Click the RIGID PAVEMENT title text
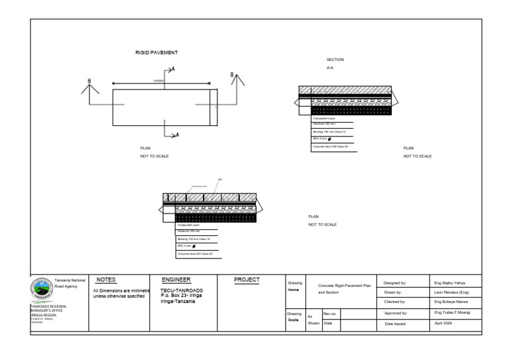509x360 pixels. (156, 52)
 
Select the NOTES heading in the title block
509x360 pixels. (106, 280)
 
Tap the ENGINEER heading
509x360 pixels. (176, 280)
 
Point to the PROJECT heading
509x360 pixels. (247, 280)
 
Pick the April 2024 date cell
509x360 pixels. (444, 324)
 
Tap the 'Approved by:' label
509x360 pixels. (396, 312)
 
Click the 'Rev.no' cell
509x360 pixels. (330, 312)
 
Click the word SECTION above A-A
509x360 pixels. (335, 60)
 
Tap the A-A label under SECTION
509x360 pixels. (330, 68)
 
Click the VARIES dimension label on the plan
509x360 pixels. (158, 81)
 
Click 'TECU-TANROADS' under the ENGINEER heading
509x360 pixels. (182, 290)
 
